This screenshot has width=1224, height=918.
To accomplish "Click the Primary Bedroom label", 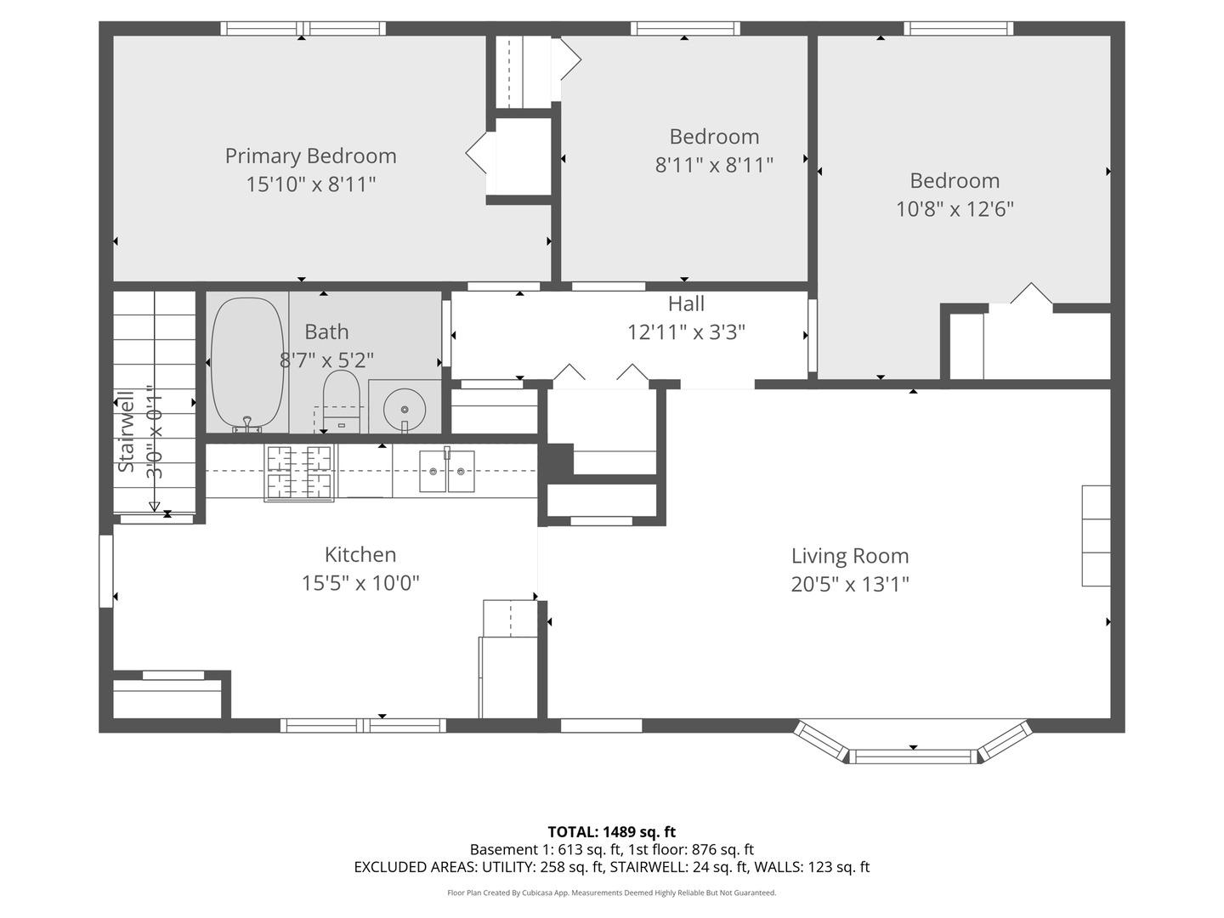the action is (310, 156).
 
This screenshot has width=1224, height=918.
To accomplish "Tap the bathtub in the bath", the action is (246, 365).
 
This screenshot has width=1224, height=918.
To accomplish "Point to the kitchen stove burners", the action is (299, 473).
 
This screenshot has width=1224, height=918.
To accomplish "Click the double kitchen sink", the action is (446, 470).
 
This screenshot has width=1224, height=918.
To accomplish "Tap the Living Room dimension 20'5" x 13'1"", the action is (850, 584).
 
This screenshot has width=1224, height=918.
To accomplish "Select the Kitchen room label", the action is (360, 554).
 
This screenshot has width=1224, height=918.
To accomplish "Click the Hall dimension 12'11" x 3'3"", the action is (686, 332).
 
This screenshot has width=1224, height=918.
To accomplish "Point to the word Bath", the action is (326, 331).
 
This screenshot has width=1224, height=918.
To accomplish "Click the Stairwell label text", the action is (127, 431).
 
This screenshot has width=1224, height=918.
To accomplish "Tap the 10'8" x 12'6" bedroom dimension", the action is (955, 209).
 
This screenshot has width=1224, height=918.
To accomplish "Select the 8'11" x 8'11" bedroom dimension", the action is (714, 165).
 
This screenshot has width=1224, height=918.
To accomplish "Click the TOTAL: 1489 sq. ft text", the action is (612, 832).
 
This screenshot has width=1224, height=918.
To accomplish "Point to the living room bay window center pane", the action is (913, 756).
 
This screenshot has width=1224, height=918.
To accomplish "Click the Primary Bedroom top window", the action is (303, 28).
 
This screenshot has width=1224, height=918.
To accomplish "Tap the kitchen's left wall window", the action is (106, 570).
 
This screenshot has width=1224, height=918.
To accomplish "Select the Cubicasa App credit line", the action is (612, 892).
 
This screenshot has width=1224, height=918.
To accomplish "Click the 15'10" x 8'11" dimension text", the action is (310, 184).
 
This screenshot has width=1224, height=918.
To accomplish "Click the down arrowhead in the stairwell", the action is (155, 507).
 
